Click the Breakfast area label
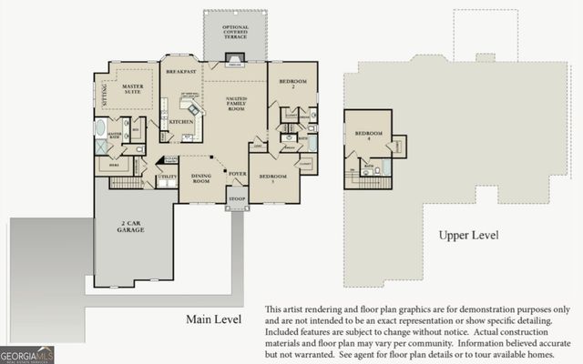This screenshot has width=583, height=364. pos(182,70)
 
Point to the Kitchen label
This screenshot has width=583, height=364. pos(179,122)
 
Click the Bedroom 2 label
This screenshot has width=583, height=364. pos(293,85)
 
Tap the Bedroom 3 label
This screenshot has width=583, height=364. pos(273,179)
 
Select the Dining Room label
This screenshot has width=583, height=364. pos(202,179)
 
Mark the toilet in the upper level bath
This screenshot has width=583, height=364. pos(378,169)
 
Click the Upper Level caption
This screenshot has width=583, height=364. pos(468,235)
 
